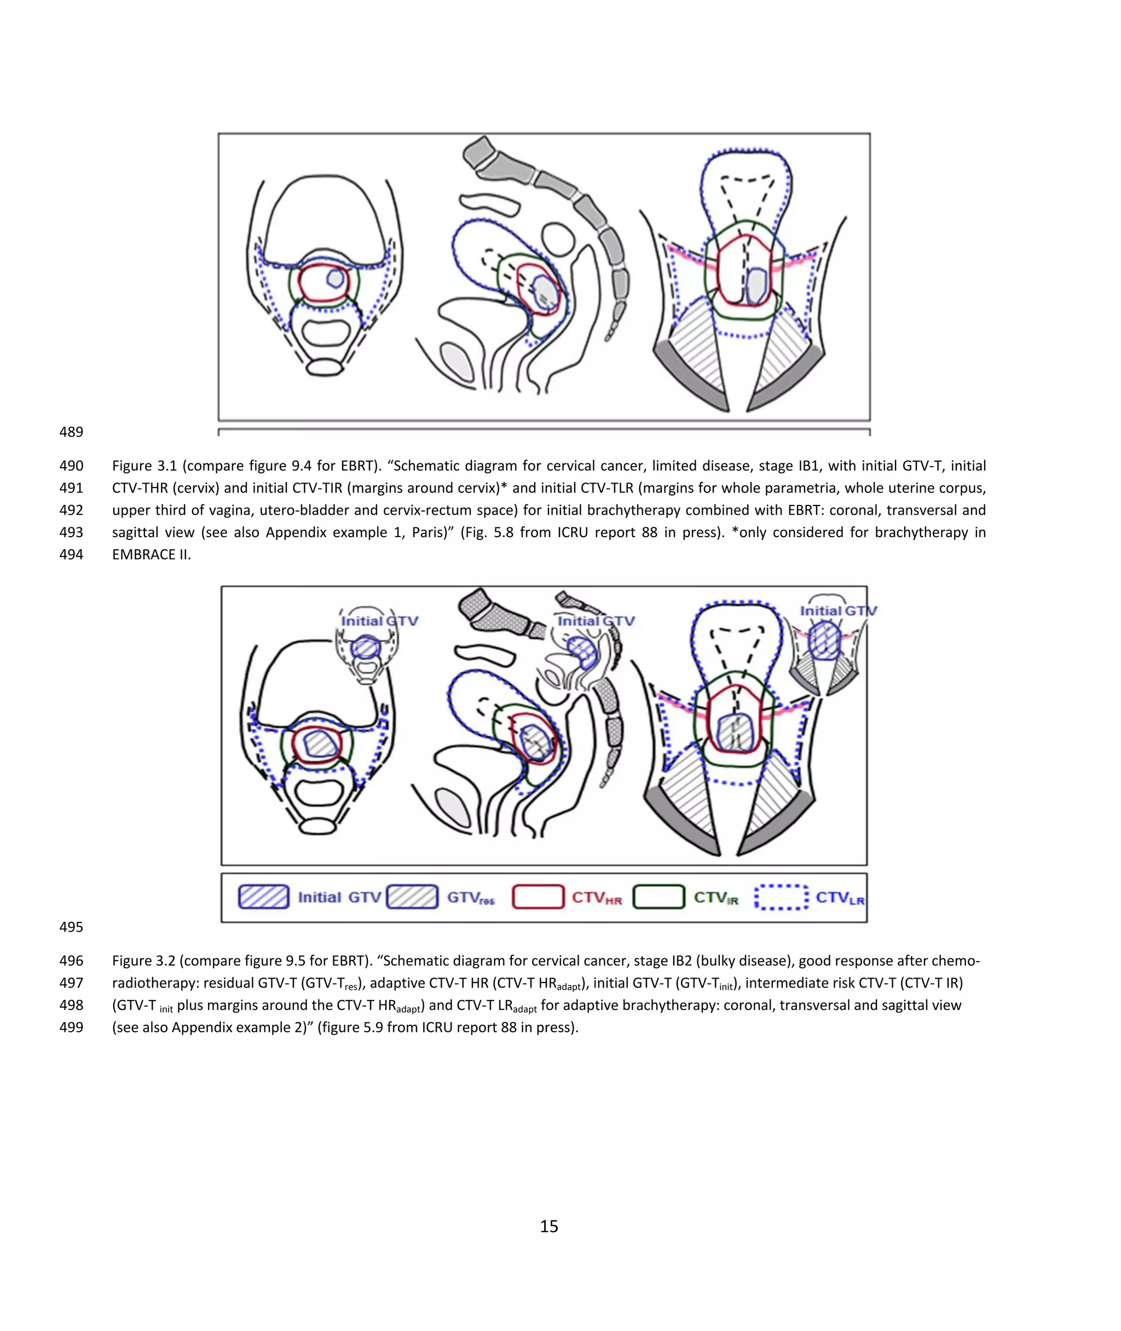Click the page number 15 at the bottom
(548, 1226)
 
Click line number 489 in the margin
(71, 432)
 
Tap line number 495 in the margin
(71, 927)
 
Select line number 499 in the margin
(71, 1027)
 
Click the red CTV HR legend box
(538, 897)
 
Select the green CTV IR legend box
(658, 897)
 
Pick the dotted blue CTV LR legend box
(781, 897)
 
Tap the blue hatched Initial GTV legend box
(263, 897)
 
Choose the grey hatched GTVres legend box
(412, 897)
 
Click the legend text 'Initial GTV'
(339, 897)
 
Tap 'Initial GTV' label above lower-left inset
(379, 620)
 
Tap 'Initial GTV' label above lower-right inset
(837, 611)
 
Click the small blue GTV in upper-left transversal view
(336, 278)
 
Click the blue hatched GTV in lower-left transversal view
(321, 743)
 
